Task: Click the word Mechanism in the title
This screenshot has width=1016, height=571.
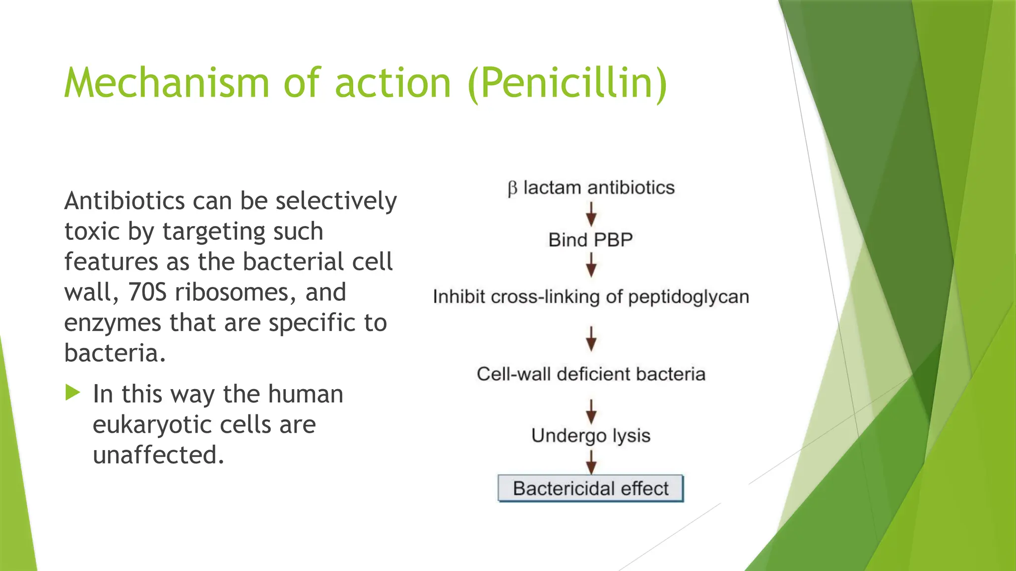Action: pyautogui.click(x=166, y=83)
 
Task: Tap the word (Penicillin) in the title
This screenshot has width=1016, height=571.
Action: pyautogui.click(x=568, y=83)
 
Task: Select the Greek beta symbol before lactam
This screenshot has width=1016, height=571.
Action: pyautogui.click(x=512, y=188)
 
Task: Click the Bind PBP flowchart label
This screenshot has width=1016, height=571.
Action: pyautogui.click(x=590, y=240)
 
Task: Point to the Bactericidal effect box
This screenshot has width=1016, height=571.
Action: pyautogui.click(x=590, y=489)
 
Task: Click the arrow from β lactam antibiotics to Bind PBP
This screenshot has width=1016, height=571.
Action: pyautogui.click(x=591, y=214)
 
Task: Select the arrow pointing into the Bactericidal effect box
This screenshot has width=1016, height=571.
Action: pyautogui.click(x=591, y=462)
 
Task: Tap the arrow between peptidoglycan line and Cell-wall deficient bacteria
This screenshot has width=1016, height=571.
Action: pyautogui.click(x=591, y=339)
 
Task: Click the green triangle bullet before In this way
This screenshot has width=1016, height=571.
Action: pyautogui.click(x=72, y=393)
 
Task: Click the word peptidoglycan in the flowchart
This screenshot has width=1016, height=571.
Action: pyautogui.click(x=689, y=297)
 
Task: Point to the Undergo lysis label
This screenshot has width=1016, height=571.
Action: pyautogui.click(x=590, y=436)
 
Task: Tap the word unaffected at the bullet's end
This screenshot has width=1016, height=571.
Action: pyautogui.click(x=158, y=455)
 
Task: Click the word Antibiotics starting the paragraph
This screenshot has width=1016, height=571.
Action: pyautogui.click(x=125, y=201)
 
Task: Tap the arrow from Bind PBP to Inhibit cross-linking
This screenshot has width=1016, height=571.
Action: pyautogui.click(x=591, y=265)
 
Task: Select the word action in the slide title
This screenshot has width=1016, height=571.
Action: pyautogui.click(x=393, y=83)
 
